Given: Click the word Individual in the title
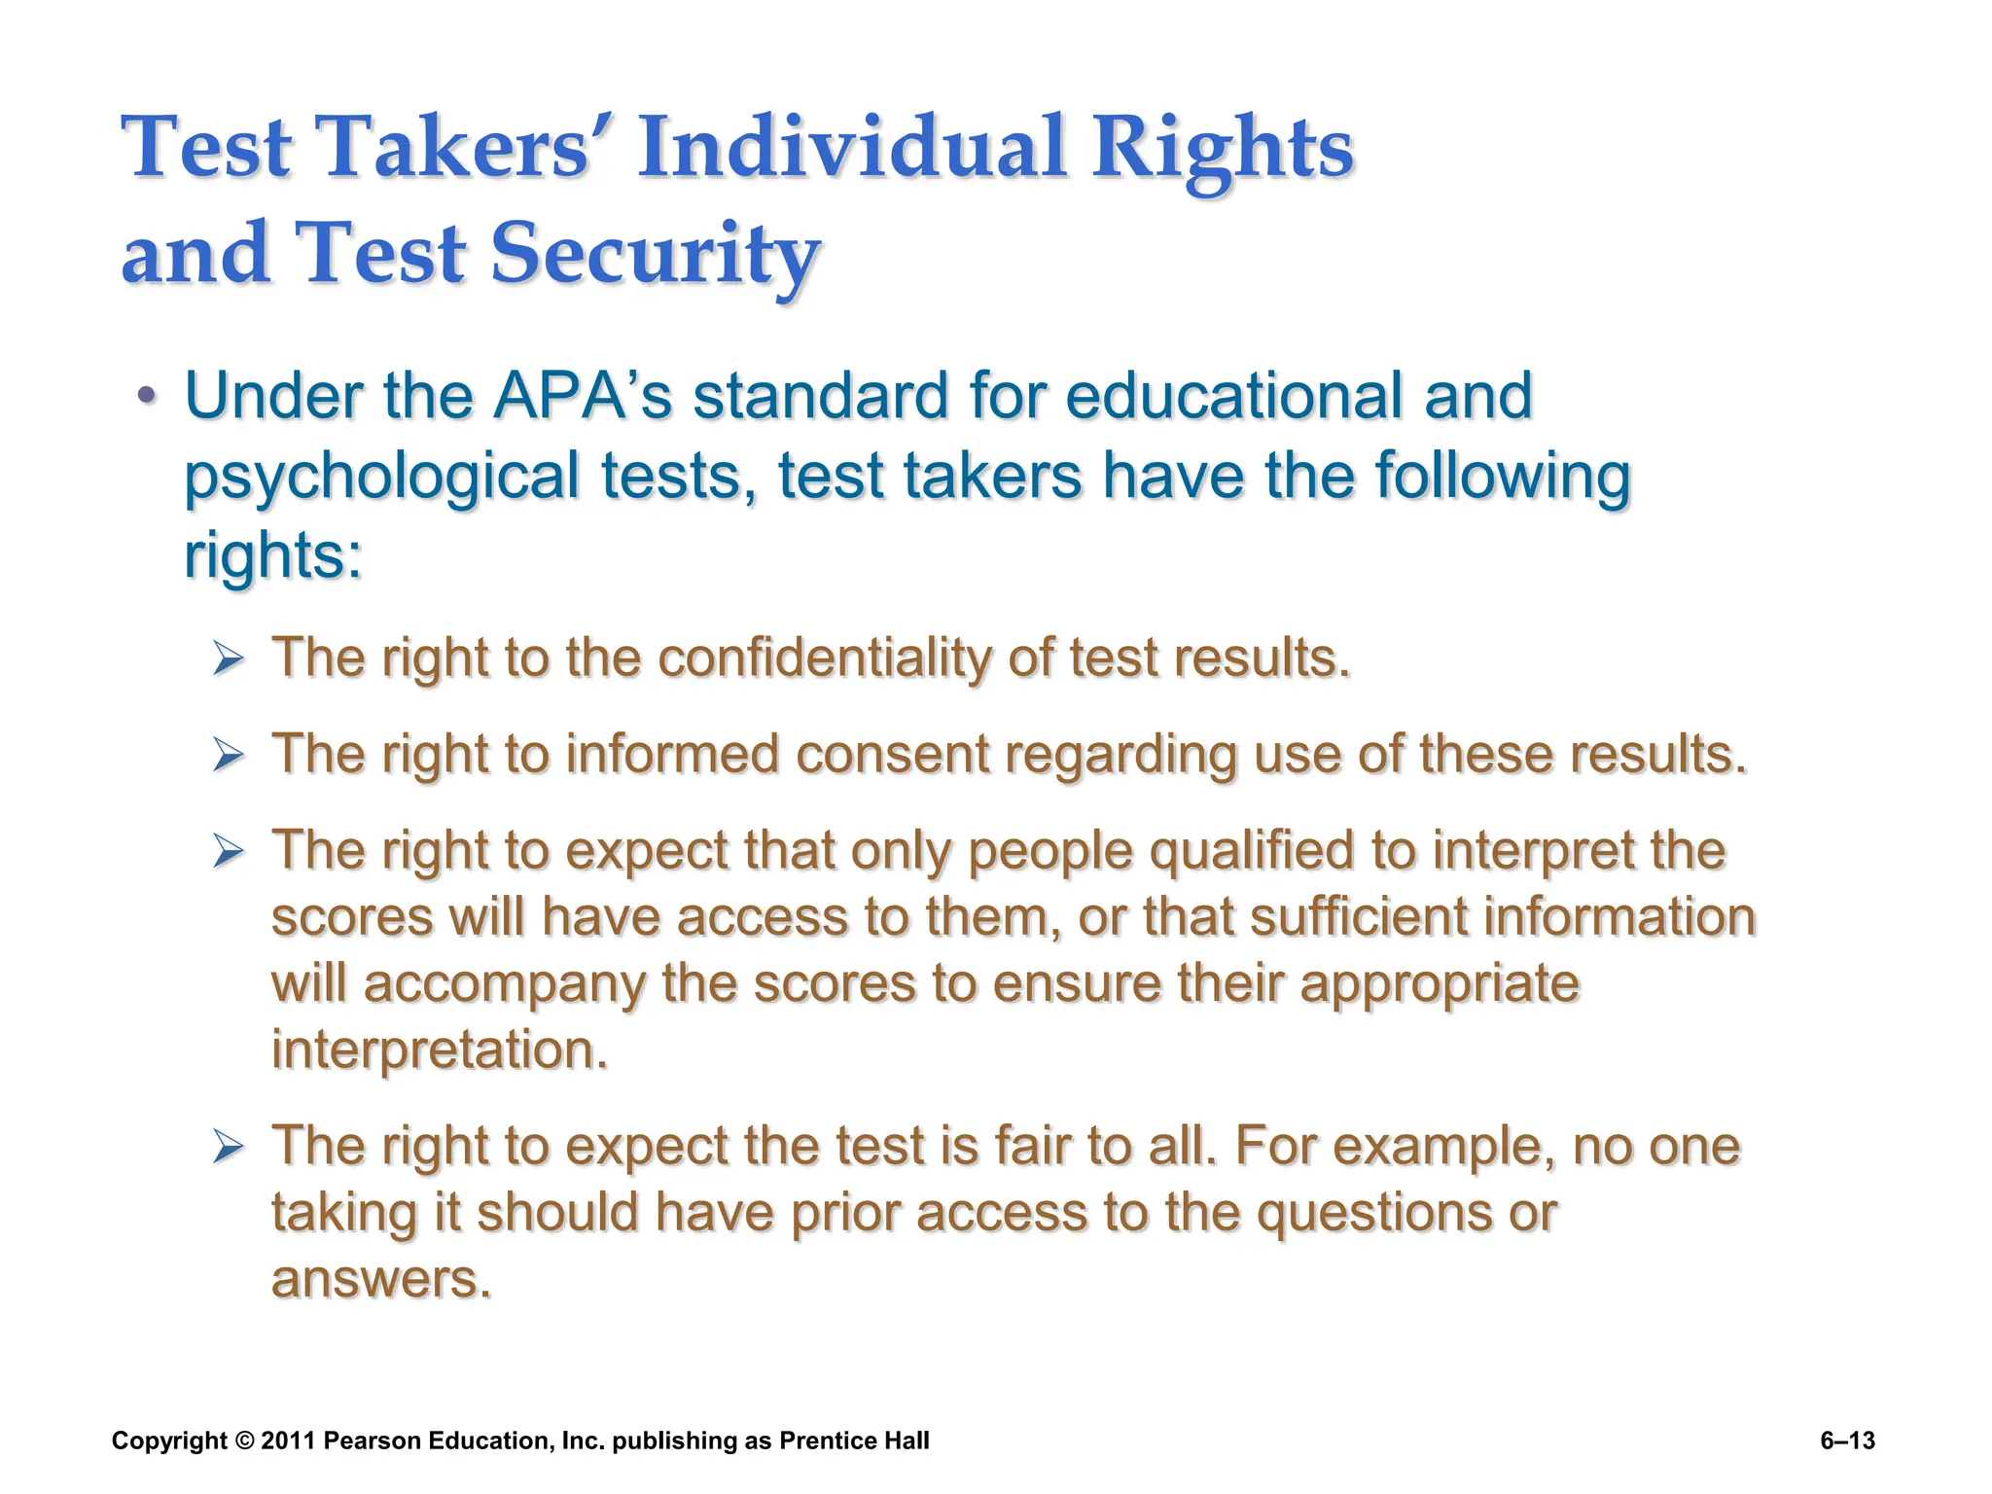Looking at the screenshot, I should click(x=853, y=148).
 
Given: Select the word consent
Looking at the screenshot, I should click(x=892, y=754).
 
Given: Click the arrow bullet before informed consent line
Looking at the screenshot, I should click(x=228, y=756).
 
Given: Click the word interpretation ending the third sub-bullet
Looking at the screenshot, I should click(x=440, y=1049).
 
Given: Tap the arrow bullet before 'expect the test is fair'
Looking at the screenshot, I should click(x=228, y=1148).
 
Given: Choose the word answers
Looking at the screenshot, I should click(x=380, y=1278).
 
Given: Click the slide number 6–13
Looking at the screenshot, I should click(x=1847, y=1441).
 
